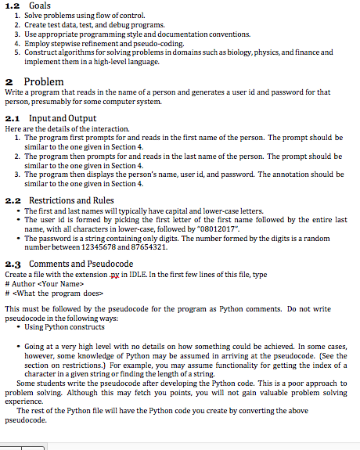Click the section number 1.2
point(10,6)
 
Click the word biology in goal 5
point(235,52)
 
